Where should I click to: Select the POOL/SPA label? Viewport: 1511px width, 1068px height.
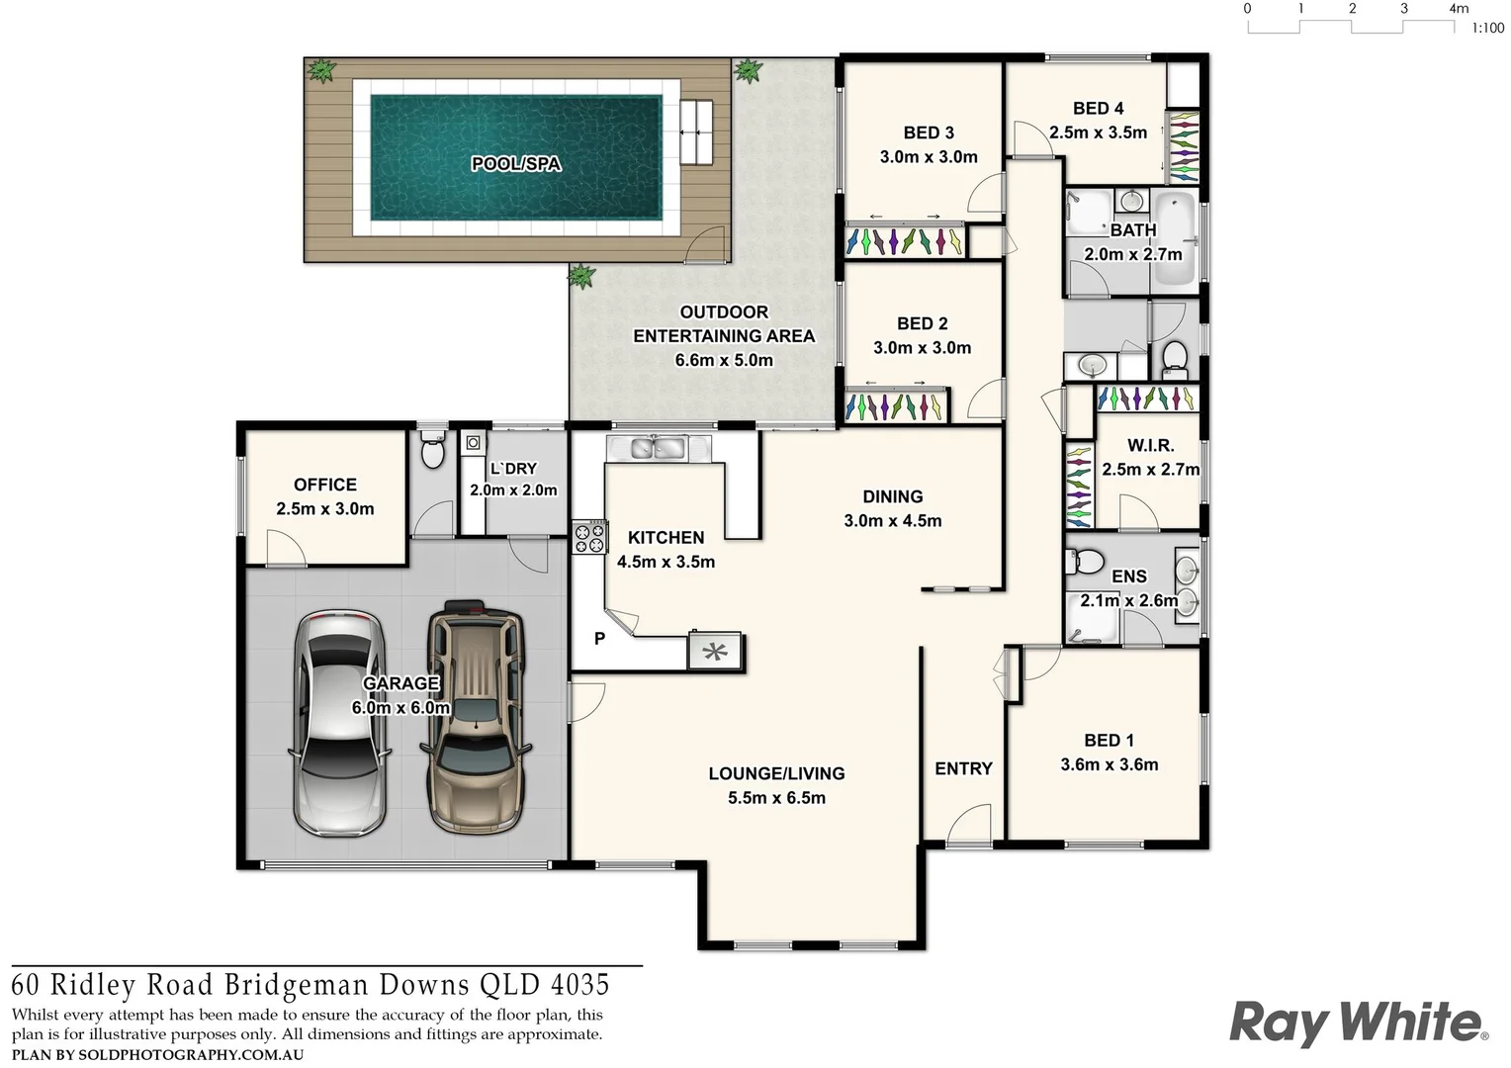515,163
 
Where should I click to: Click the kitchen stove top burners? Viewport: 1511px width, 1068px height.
590,538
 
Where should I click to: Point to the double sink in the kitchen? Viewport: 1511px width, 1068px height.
659,448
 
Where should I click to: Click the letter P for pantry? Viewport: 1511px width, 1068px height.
599,639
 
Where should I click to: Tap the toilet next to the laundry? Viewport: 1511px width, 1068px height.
432,452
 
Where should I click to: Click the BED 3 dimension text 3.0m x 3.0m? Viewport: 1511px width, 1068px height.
929,156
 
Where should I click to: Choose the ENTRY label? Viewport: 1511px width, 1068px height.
963,768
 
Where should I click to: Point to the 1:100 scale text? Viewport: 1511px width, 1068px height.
1487,29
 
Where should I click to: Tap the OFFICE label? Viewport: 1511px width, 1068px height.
325,485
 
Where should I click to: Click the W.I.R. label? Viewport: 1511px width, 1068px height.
1150,446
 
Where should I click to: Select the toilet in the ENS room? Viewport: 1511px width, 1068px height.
1086,563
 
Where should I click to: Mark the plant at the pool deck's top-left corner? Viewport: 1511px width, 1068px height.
320,70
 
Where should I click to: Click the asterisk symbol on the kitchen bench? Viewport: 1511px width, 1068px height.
715,652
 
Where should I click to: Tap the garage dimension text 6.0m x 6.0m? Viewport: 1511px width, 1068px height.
400,708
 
